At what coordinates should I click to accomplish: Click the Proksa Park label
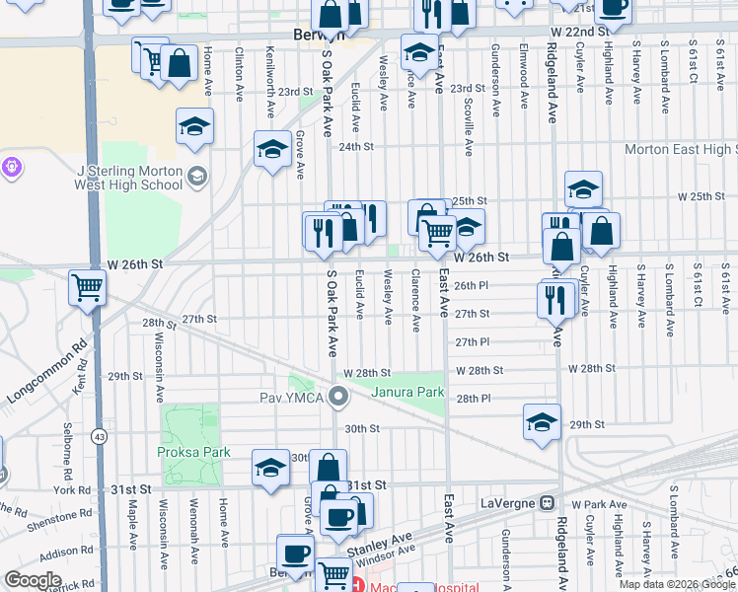(x=193, y=452)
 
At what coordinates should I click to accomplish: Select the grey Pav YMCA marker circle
(x=339, y=398)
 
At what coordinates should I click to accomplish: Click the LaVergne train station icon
(x=546, y=501)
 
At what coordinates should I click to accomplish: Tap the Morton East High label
(x=681, y=149)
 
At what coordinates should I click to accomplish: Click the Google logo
(x=33, y=580)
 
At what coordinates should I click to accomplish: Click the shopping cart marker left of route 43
(x=87, y=288)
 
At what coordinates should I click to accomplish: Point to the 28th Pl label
(x=474, y=399)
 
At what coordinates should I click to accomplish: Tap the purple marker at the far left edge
(x=11, y=167)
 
